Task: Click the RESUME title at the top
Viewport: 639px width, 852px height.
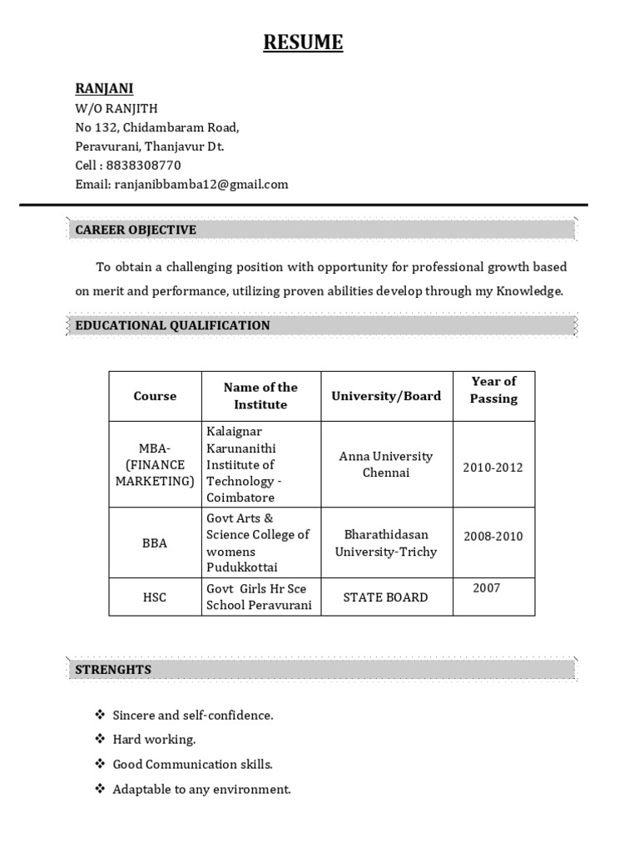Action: click(303, 42)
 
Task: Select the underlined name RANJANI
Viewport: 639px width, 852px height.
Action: click(104, 88)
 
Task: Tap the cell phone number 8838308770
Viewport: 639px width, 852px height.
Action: click(143, 165)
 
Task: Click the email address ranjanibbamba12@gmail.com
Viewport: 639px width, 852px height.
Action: click(201, 184)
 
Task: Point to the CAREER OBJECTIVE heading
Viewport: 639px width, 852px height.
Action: click(136, 230)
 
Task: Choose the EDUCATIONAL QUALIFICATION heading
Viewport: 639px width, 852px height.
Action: click(172, 325)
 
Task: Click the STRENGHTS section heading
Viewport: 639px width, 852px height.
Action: click(113, 669)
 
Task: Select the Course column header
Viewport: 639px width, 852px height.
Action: click(155, 396)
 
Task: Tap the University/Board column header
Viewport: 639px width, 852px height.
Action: click(386, 396)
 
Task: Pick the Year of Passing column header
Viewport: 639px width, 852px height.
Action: click(493, 389)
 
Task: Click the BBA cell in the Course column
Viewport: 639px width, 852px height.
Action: click(155, 543)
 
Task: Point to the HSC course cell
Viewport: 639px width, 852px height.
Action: click(155, 597)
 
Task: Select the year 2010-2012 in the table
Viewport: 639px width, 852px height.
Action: click(493, 467)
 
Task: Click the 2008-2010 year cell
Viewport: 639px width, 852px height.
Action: click(493, 536)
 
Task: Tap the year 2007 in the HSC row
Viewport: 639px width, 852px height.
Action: click(487, 588)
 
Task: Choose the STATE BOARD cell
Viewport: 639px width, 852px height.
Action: click(386, 597)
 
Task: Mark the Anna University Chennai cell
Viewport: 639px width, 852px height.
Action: click(386, 464)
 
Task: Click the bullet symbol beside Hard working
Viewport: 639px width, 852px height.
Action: click(100, 739)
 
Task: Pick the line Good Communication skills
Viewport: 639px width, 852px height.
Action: click(192, 764)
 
